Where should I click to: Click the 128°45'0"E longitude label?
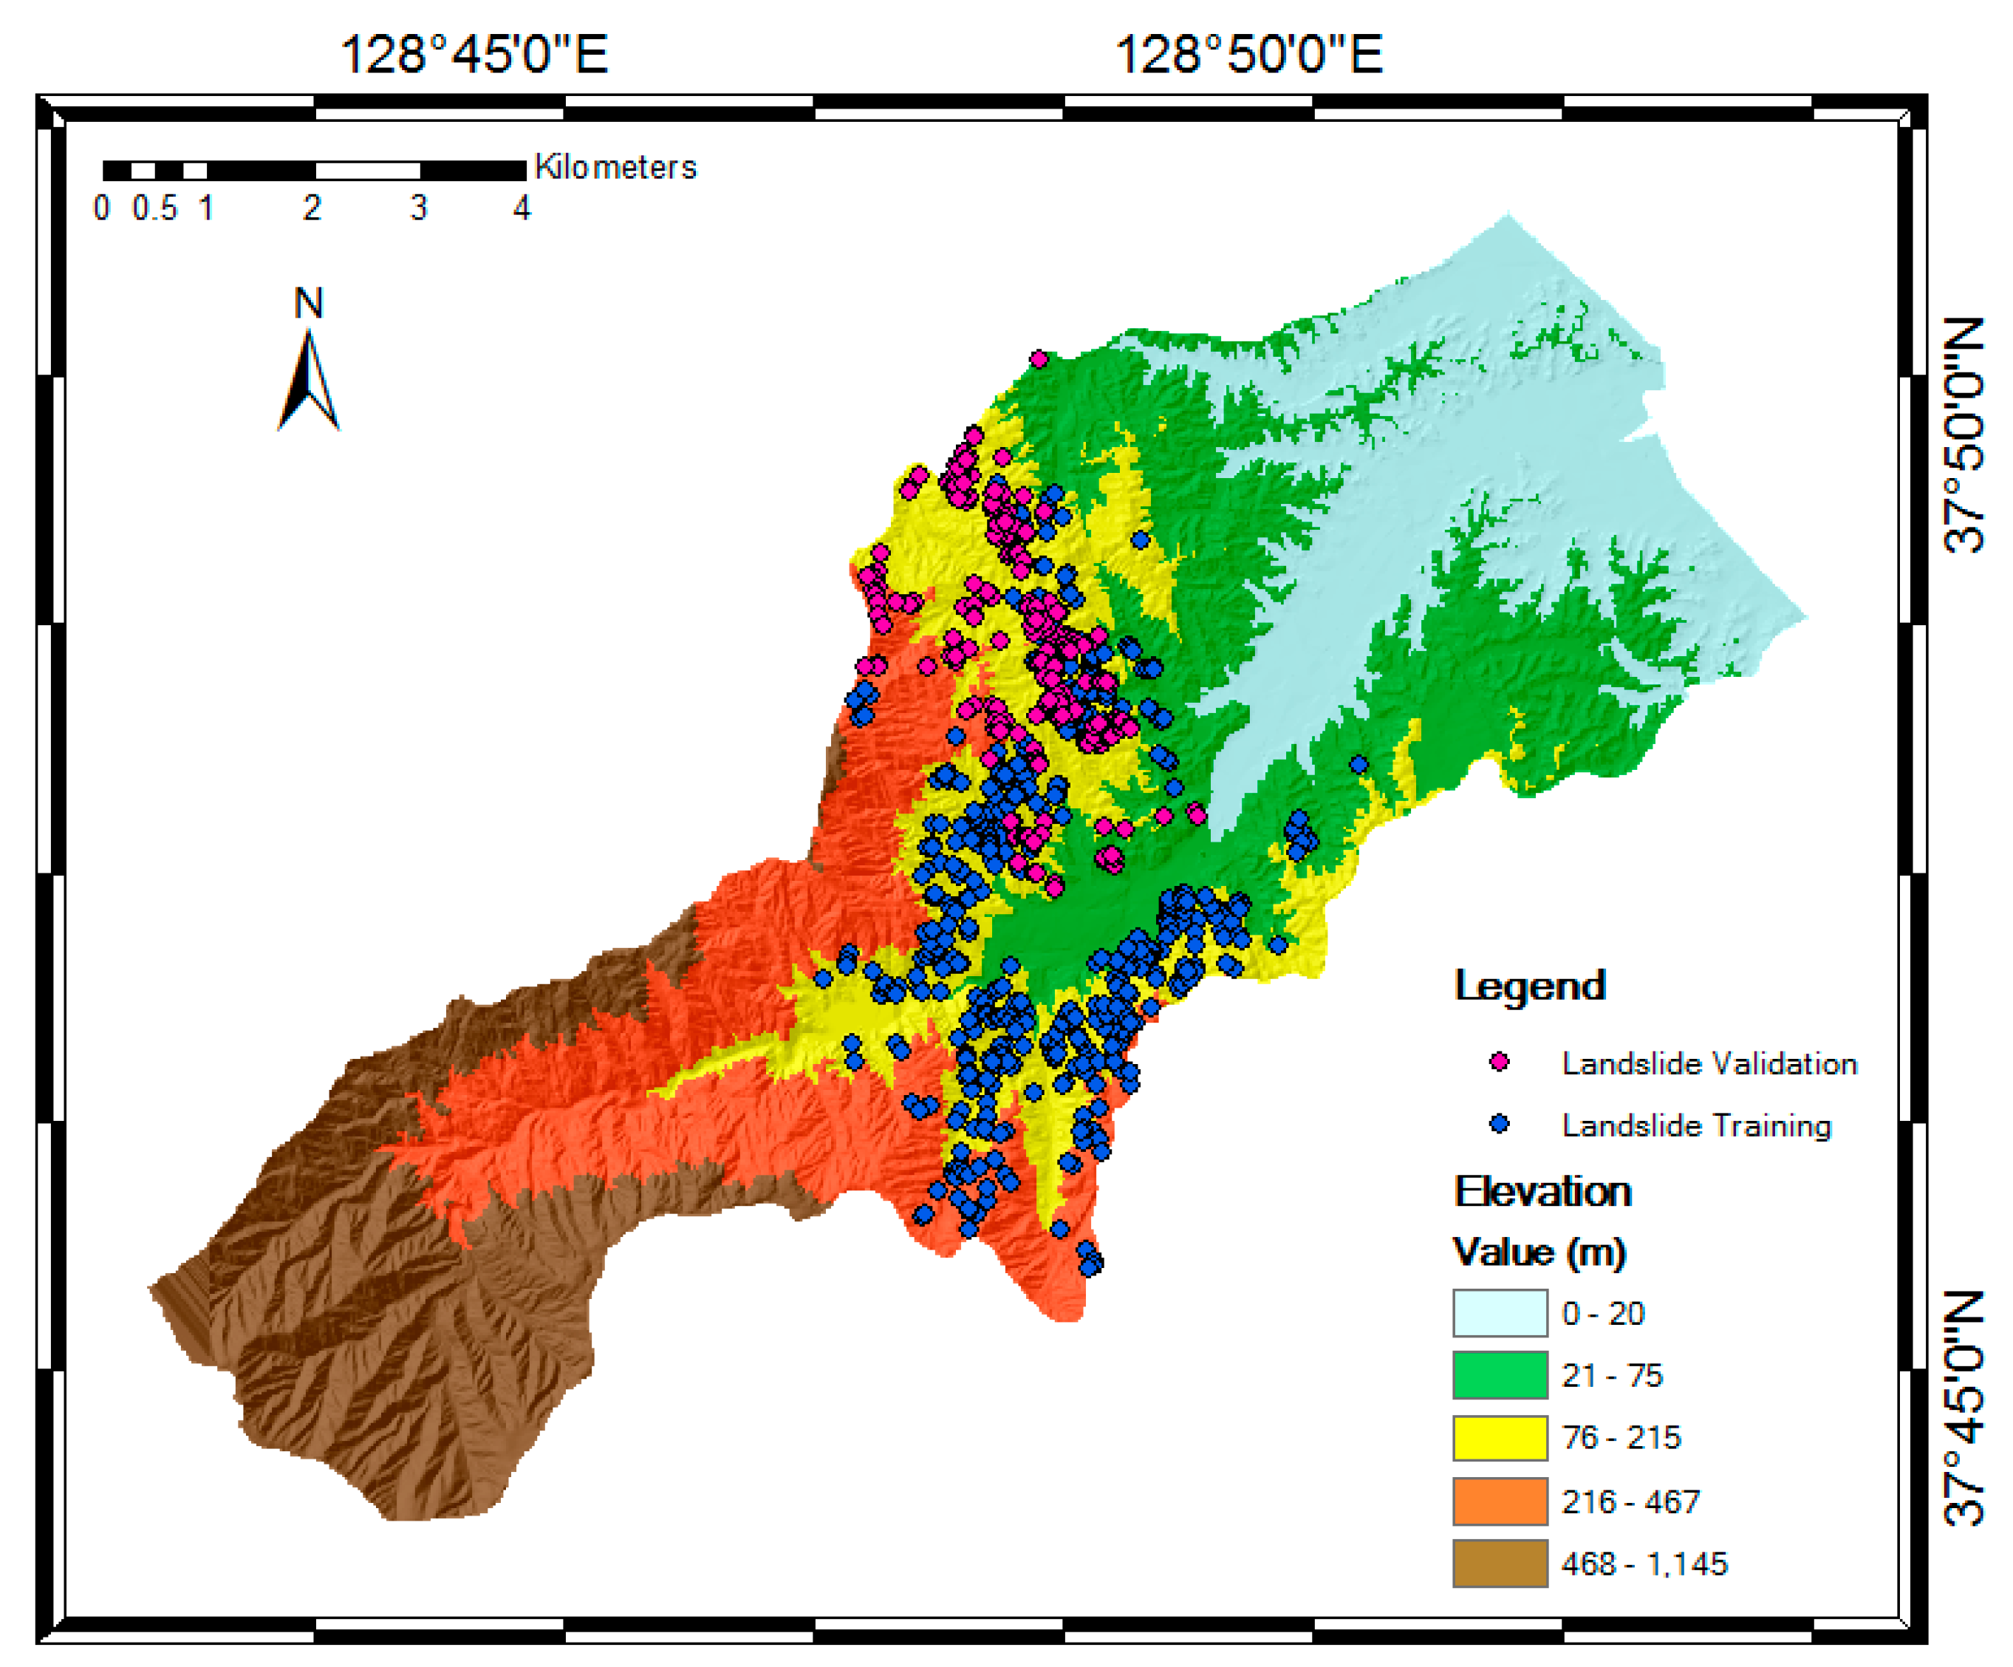[474, 55]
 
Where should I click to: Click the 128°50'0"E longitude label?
[1248, 55]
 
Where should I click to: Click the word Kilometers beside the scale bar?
[615, 167]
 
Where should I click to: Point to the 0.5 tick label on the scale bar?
[154, 208]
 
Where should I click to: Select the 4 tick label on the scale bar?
[521, 208]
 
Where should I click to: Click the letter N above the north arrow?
[308, 303]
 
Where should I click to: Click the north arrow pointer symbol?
[309, 381]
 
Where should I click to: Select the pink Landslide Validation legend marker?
[1498, 1061]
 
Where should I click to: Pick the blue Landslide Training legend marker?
[1498, 1123]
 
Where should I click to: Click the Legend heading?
[1529, 986]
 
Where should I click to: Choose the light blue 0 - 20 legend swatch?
[1499, 1312]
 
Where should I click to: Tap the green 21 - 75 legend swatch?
[1499, 1374]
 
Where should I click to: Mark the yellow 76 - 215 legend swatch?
[1499, 1437]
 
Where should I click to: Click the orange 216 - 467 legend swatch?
[1499, 1500]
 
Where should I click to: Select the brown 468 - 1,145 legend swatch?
[1499, 1563]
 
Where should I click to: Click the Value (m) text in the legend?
[1539, 1252]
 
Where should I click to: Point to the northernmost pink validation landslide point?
[1038, 359]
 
